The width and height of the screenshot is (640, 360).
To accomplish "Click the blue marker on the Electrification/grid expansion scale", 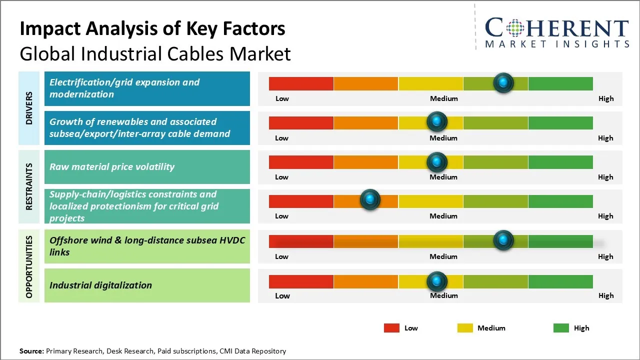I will tap(503, 82).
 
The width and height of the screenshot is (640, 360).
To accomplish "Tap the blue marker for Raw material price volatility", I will tap(437, 162).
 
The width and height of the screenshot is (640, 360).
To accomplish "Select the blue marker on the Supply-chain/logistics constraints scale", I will tap(370, 199).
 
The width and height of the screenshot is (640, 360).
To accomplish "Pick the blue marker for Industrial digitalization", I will tap(437, 281).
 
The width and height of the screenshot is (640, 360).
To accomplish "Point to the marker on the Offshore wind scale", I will tap(503, 240).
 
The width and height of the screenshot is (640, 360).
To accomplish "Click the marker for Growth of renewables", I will tap(437, 121).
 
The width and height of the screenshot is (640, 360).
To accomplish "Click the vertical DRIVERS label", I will tap(29, 108).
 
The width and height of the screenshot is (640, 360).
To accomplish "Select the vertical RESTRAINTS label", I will tap(29, 186).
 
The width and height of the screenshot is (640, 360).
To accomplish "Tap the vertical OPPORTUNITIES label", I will tap(29, 266).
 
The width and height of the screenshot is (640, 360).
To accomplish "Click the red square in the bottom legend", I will tap(391, 328).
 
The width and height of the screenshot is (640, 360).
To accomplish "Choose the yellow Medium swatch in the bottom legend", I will tap(465, 328).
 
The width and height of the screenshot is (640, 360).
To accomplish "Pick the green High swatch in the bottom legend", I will tap(561, 328).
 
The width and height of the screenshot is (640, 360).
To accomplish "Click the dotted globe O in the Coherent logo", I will tap(514, 28).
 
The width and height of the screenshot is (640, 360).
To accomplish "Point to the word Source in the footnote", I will tap(31, 351).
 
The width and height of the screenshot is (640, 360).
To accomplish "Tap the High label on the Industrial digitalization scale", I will tap(606, 295).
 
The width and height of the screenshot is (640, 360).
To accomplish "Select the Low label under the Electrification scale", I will tap(282, 98).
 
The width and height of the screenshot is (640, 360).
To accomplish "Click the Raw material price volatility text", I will tap(112, 167).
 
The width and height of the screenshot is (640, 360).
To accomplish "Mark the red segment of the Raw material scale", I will tap(301, 162).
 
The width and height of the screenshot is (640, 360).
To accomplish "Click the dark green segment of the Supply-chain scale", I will tap(560, 201).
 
